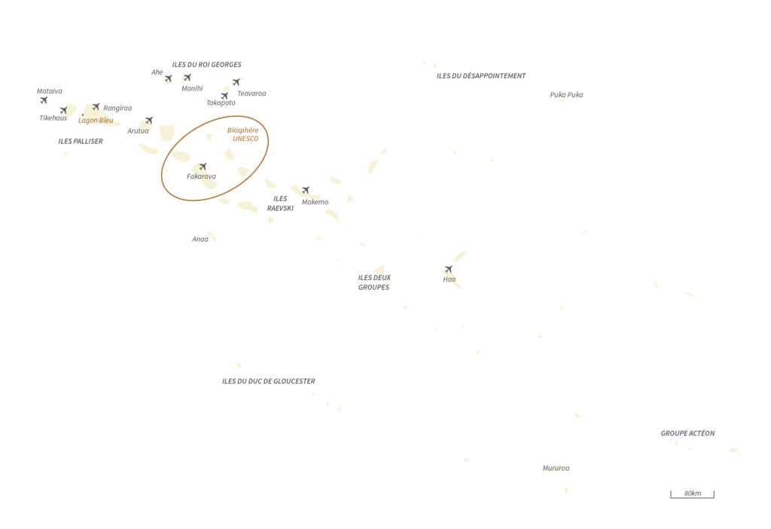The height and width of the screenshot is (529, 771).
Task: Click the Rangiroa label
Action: (117, 108)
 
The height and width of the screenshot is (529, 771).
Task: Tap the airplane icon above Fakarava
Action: (203, 166)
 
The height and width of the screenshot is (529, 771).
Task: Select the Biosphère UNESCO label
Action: (243, 134)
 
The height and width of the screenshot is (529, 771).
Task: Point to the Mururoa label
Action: (556, 468)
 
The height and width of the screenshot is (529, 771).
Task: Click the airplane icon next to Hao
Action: (449, 269)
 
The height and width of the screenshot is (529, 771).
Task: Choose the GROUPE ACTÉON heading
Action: (687, 433)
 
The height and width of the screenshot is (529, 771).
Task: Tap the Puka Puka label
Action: (566, 94)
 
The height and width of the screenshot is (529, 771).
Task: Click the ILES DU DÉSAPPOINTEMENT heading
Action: (481, 76)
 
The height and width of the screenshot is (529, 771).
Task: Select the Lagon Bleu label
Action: (96, 120)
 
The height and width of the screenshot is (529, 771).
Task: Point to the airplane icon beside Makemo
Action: (306, 190)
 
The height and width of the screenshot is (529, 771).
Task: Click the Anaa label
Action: (200, 239)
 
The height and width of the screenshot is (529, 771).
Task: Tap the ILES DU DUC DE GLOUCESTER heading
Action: (269, 381)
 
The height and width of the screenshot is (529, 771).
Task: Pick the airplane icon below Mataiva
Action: (44, 100)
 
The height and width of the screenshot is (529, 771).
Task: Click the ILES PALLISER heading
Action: (81, 141)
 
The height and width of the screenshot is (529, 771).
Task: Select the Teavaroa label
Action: (251, 93)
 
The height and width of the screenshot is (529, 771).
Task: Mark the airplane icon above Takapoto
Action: (224, 96)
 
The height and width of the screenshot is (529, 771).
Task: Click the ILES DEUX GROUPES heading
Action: (374, 282)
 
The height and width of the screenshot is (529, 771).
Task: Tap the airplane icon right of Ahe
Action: (168, 78)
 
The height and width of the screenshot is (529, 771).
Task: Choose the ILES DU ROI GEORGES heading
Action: (206, 65)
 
